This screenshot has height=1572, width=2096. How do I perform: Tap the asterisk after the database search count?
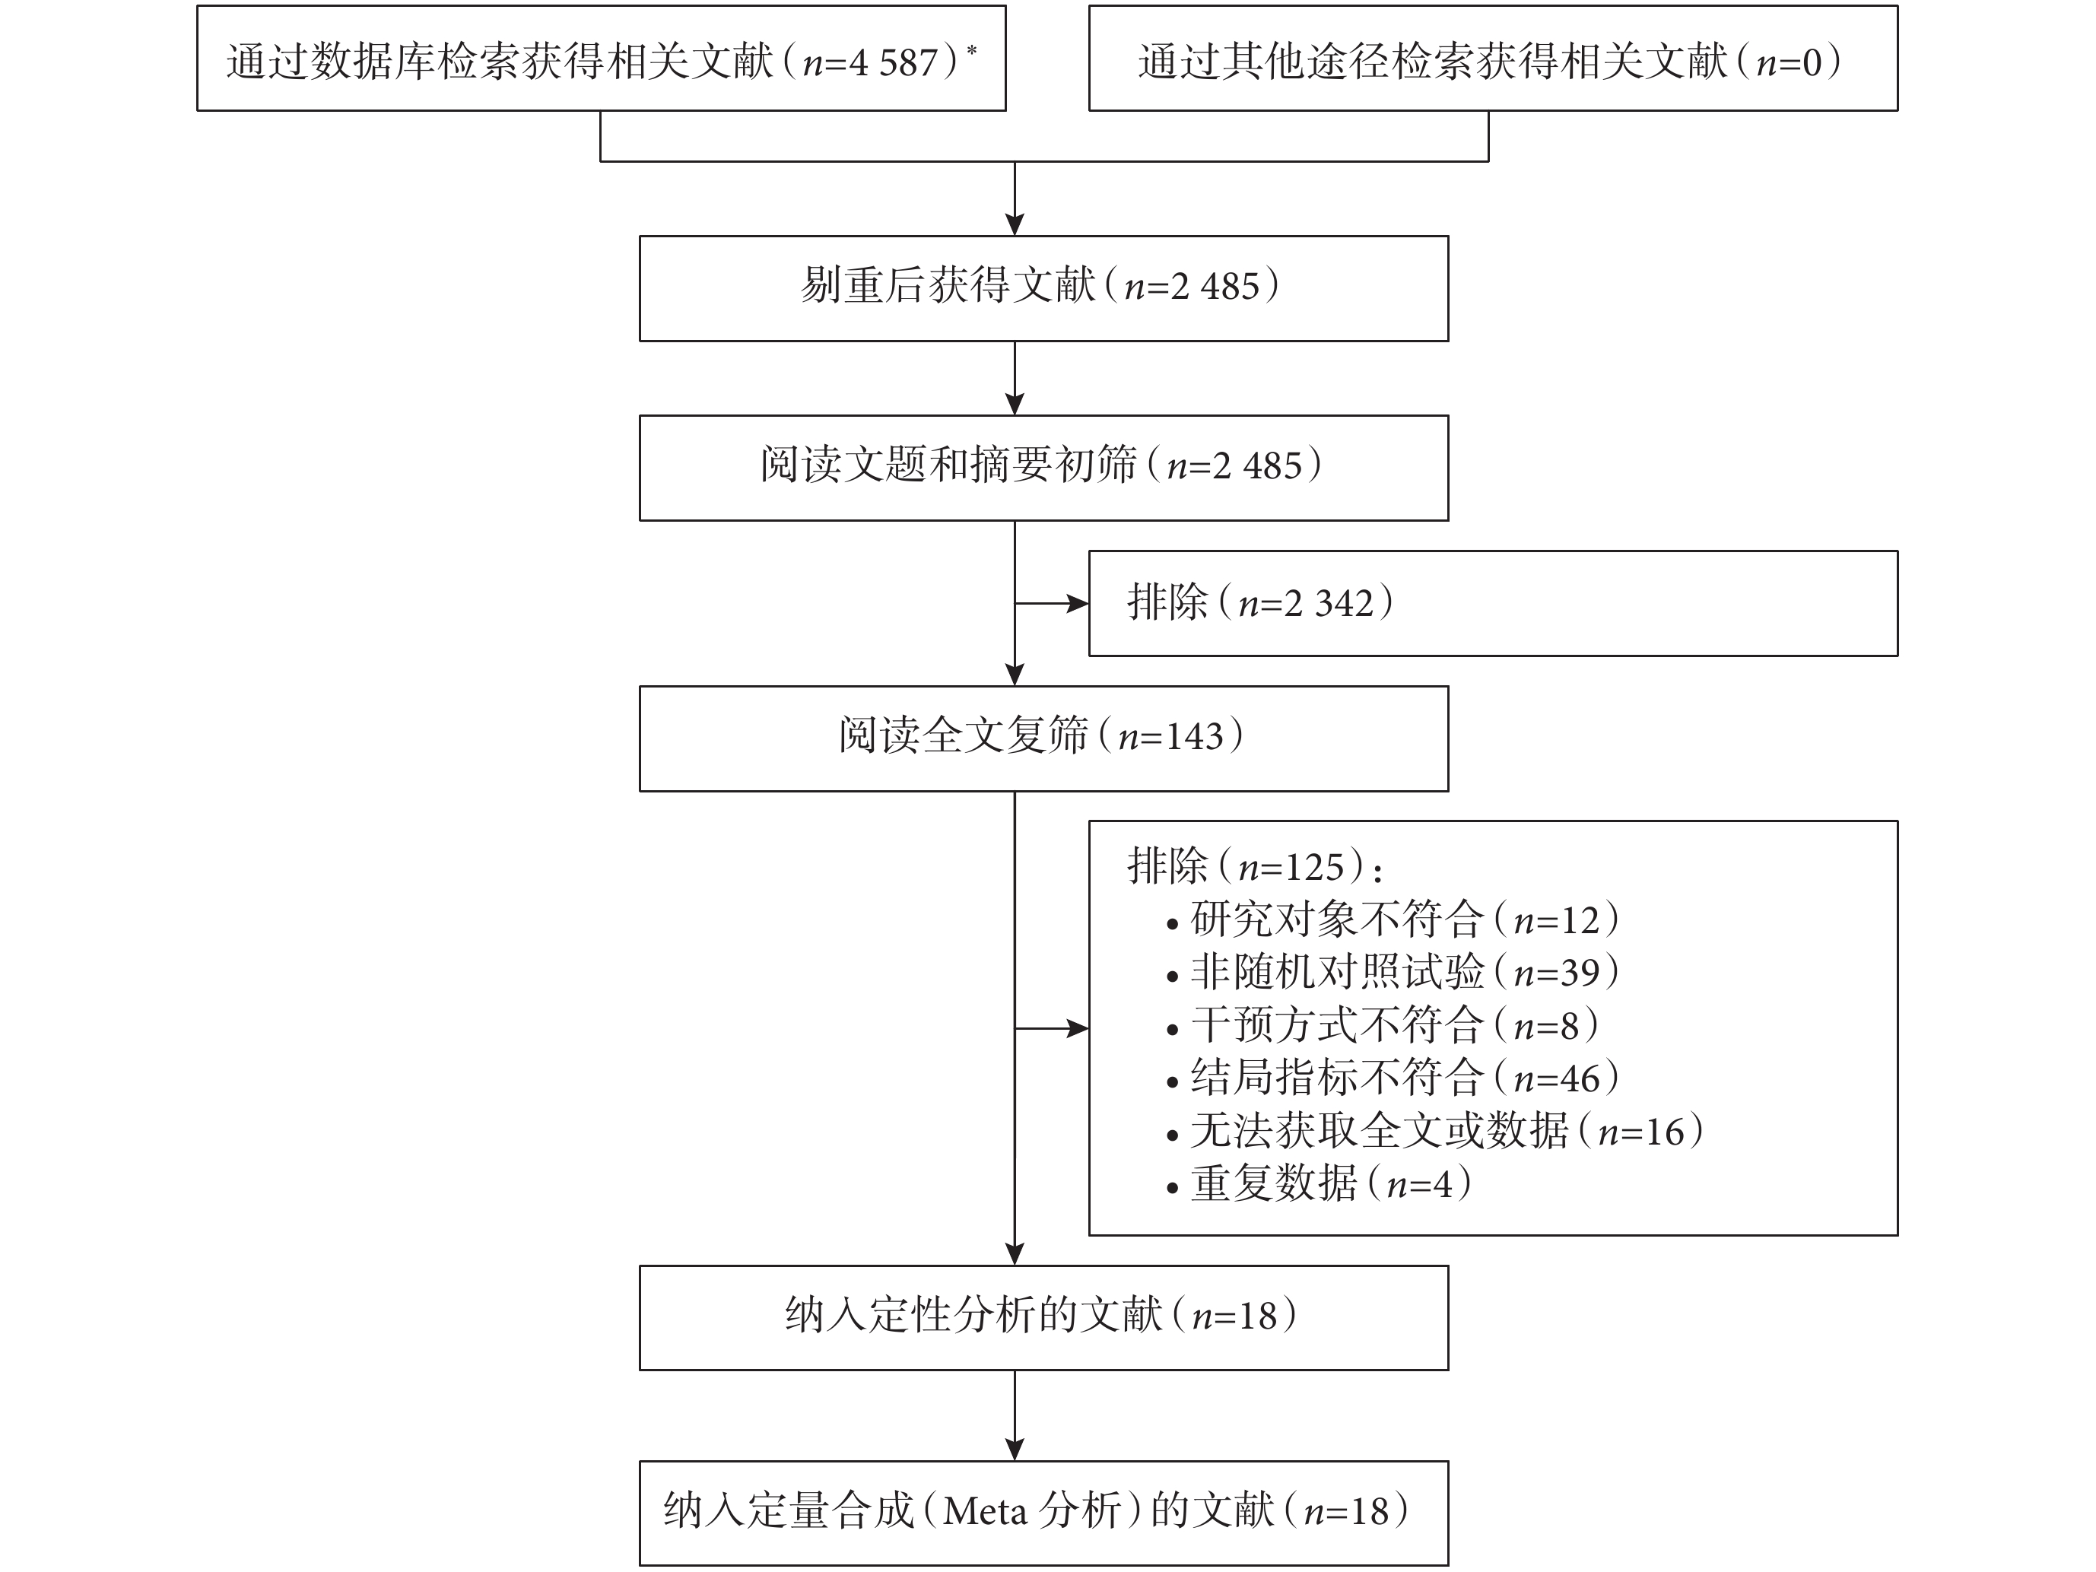[x=971, y=49]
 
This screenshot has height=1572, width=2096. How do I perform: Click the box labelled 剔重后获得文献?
[x=1043, y=288]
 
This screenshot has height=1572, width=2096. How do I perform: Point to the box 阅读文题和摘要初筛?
[x=1043, y=468]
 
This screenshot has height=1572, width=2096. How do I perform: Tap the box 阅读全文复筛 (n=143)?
[x=1043, y=738]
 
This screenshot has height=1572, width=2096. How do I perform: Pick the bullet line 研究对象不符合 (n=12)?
[x=1392, y=919]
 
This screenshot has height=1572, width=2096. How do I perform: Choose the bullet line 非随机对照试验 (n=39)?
[x=1392, y=972]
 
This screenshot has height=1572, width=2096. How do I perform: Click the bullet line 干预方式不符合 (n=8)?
[x=1383, y=1025]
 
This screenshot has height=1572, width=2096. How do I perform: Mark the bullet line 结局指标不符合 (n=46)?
[x=1392, y=1078]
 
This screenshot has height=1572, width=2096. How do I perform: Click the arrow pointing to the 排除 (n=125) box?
[x=1052, y=1028]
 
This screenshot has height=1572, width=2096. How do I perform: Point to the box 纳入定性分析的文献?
[x=1043, y=1317]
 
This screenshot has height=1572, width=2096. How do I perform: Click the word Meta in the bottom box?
[x=986, y=1511]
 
